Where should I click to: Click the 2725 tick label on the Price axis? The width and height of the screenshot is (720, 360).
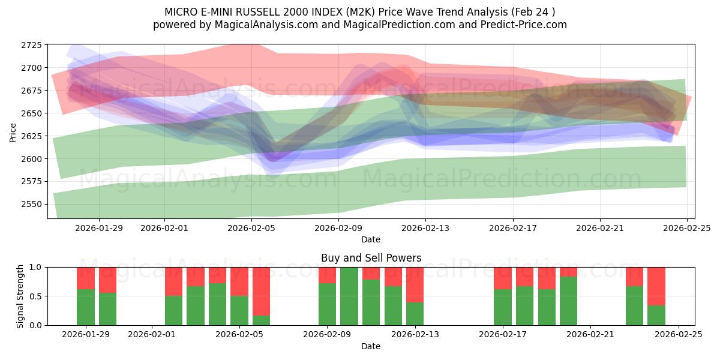[31, 46]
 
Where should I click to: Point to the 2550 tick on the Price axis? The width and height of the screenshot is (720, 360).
[31, 204]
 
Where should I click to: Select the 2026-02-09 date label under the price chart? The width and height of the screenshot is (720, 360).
[338, 228]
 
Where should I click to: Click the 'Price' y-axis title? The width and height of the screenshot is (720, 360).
[13, 131]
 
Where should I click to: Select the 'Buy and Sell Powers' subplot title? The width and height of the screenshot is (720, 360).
[371, 258]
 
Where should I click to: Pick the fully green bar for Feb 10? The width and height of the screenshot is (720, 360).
[349, 296]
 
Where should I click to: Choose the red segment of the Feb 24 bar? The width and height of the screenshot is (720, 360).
[656, 286]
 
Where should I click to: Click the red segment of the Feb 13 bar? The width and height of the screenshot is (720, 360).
[415, 284]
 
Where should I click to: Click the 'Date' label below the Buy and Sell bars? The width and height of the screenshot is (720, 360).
[371, 346]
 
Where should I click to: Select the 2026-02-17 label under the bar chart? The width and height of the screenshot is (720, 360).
[503, 334]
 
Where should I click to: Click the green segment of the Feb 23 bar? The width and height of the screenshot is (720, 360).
[634, 306]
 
